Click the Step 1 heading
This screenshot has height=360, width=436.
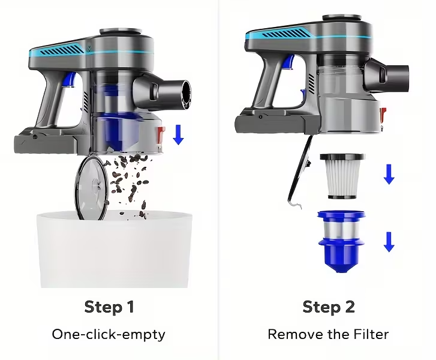tap(109, 307)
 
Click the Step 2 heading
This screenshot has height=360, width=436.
tap(329, 307)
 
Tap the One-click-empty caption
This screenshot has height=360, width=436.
tap(109, 334)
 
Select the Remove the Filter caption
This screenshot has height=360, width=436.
tap(328, 334)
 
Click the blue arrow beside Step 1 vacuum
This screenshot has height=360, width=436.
tap(178, 134)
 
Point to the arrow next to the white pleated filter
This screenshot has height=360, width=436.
tap(389, 174)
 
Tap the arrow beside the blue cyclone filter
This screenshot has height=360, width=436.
tap(389, 242)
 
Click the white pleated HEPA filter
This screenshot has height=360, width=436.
tap(342, 176)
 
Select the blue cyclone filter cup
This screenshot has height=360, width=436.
tap(341, 241)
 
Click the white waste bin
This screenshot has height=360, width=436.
tap(115, 249)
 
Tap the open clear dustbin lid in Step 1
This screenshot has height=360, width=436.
tap(92, 188)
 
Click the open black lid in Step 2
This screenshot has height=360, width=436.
tap(299, 170)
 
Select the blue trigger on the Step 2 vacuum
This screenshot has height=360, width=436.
tap(290, 62)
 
